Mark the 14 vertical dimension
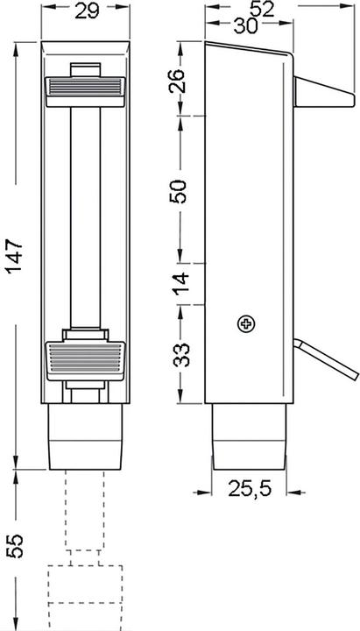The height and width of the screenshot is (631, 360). (x=180, y=283)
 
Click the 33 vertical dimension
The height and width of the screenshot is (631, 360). (x=180, y=355)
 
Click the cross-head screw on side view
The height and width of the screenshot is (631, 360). (x=247, y=325)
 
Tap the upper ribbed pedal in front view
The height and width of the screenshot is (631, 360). (x=85, y=87)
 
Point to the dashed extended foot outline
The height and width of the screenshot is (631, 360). (x=85, y=578)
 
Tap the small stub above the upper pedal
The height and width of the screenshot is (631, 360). (x=85, y=69)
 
